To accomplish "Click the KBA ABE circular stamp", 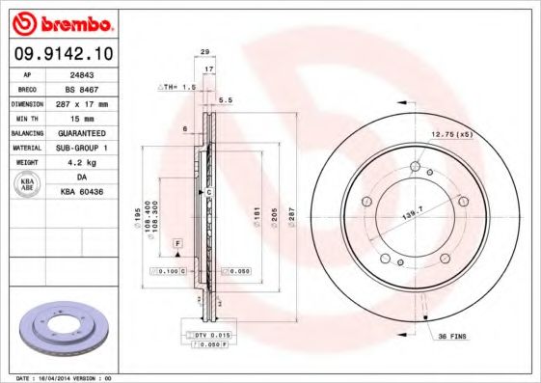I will (x=28, y=185).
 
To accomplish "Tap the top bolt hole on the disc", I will (x=415, y=168).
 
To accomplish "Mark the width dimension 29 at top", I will (x=204, y=52).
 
